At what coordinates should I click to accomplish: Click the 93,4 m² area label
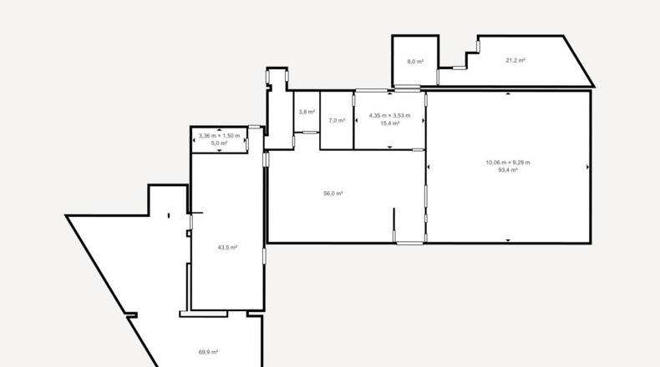point(508,170)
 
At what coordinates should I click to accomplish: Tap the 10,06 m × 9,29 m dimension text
point(508,163)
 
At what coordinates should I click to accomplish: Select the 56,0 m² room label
point(333,194)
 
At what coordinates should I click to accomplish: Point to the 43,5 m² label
point(227,248)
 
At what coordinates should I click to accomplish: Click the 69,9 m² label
point(208,352)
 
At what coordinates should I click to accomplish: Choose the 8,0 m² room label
point(415,62)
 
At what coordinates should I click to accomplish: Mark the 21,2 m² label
point(515,61)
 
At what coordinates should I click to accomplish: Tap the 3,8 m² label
point(307,113)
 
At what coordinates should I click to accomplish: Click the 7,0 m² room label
point(337,121)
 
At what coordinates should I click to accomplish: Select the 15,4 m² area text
point(390,123)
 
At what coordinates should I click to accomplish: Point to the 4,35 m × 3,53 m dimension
point(390,116)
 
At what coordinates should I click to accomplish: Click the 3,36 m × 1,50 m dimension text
point(219,136)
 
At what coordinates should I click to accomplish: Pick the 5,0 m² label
point(219,143)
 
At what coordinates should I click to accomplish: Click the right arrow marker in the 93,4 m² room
point(587,167)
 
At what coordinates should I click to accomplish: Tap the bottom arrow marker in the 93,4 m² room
point(508,240)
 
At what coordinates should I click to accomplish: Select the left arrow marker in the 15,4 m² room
point(357,121)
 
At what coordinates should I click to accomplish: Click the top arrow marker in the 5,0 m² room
point(219,130)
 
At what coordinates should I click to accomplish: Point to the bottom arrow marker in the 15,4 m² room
point(390,147)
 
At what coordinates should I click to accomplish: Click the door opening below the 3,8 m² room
point(310,133)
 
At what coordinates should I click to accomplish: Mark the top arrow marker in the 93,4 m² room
point(508,93)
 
